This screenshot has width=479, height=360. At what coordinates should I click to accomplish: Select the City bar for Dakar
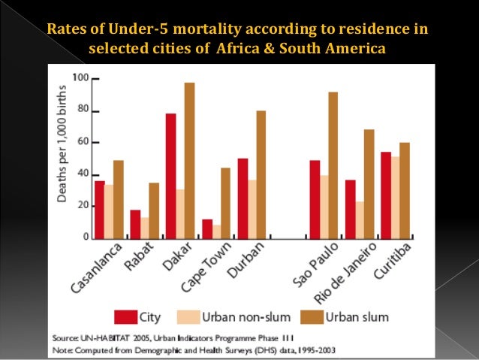coord(171,176)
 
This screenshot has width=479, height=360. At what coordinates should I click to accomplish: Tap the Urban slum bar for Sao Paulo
coord(333,165)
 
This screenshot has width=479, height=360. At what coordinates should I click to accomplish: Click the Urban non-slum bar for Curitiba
coord(396,198)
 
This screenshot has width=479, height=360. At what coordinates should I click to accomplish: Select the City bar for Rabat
coord(135,224)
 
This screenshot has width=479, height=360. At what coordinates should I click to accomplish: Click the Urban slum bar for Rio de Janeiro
coord(369,184)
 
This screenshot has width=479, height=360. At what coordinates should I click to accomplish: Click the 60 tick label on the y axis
coord(84,141)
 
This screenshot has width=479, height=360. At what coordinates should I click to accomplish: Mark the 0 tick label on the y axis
coord(86,237)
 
